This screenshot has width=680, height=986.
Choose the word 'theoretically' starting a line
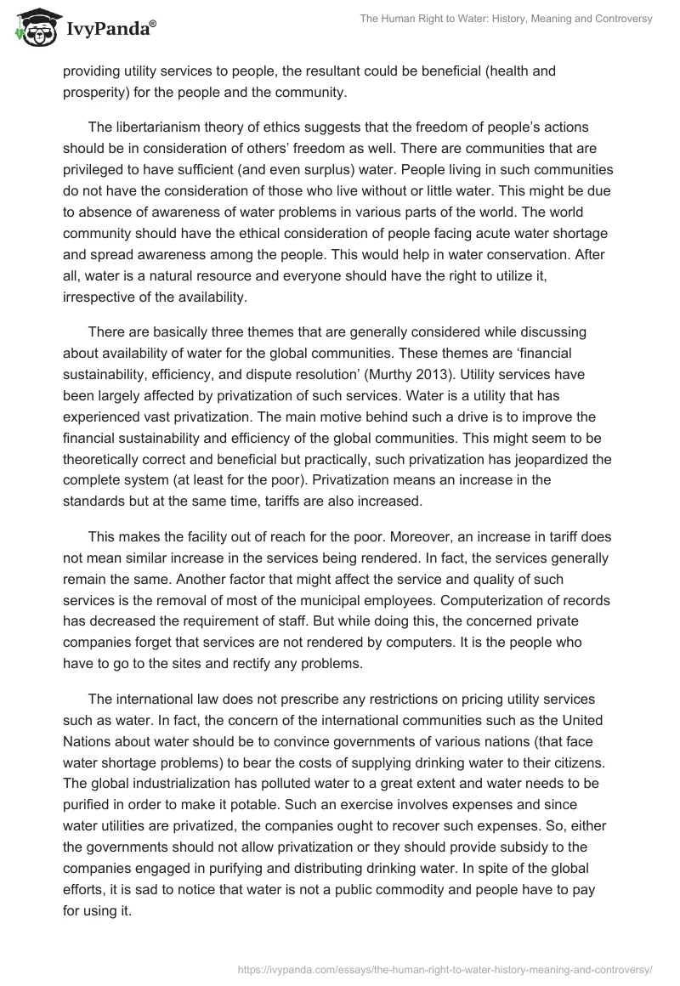[104, 460]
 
